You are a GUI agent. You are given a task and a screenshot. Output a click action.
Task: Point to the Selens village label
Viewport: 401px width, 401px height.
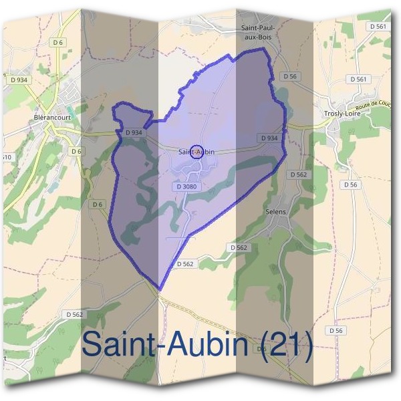275,212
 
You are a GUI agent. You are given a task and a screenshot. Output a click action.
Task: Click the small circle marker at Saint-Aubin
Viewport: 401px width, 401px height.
196,151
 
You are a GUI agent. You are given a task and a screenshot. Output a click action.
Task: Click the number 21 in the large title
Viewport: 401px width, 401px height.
287,344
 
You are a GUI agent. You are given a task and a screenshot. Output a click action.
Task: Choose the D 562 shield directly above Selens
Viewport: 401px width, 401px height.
298,174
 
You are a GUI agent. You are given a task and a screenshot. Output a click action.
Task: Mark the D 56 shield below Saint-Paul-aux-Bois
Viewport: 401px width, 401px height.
289,76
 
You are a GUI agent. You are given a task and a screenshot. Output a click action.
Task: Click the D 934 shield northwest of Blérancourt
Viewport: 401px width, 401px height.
19,80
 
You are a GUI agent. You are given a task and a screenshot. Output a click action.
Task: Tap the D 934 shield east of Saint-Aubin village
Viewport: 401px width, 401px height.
269,138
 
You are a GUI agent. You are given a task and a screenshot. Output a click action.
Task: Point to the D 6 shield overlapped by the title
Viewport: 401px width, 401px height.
263,349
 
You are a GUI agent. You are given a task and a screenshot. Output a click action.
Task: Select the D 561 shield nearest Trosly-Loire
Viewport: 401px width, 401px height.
358,79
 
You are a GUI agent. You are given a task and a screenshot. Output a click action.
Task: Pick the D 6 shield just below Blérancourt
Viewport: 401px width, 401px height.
77,152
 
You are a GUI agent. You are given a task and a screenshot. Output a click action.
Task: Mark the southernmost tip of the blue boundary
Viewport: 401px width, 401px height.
160,290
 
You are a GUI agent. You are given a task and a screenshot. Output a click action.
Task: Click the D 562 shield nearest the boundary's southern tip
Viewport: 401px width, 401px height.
186,264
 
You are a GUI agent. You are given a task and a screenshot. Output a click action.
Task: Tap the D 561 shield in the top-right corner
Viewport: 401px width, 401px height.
378,26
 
